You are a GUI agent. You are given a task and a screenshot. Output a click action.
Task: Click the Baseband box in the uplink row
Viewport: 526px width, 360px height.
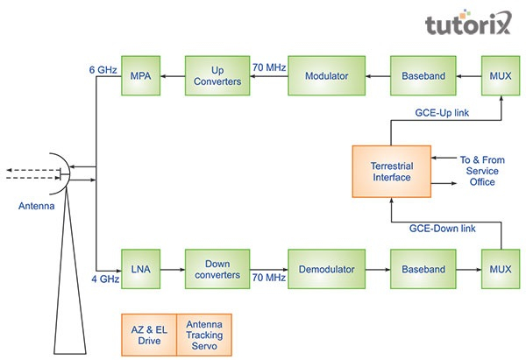(x=423, y=77)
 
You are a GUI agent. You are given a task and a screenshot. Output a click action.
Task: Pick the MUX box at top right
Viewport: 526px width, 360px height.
(x=500, y=77)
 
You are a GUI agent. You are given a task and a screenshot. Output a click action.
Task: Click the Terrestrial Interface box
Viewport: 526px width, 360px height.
(x=393, y=171)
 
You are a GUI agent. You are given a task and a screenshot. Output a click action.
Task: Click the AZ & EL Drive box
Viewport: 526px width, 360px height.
(x=149, y=334)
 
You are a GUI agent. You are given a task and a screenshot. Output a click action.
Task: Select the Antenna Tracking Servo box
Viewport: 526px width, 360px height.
(x=203, y=334)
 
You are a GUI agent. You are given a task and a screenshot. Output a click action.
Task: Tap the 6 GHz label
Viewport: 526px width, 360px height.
(x=103, y=67)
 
